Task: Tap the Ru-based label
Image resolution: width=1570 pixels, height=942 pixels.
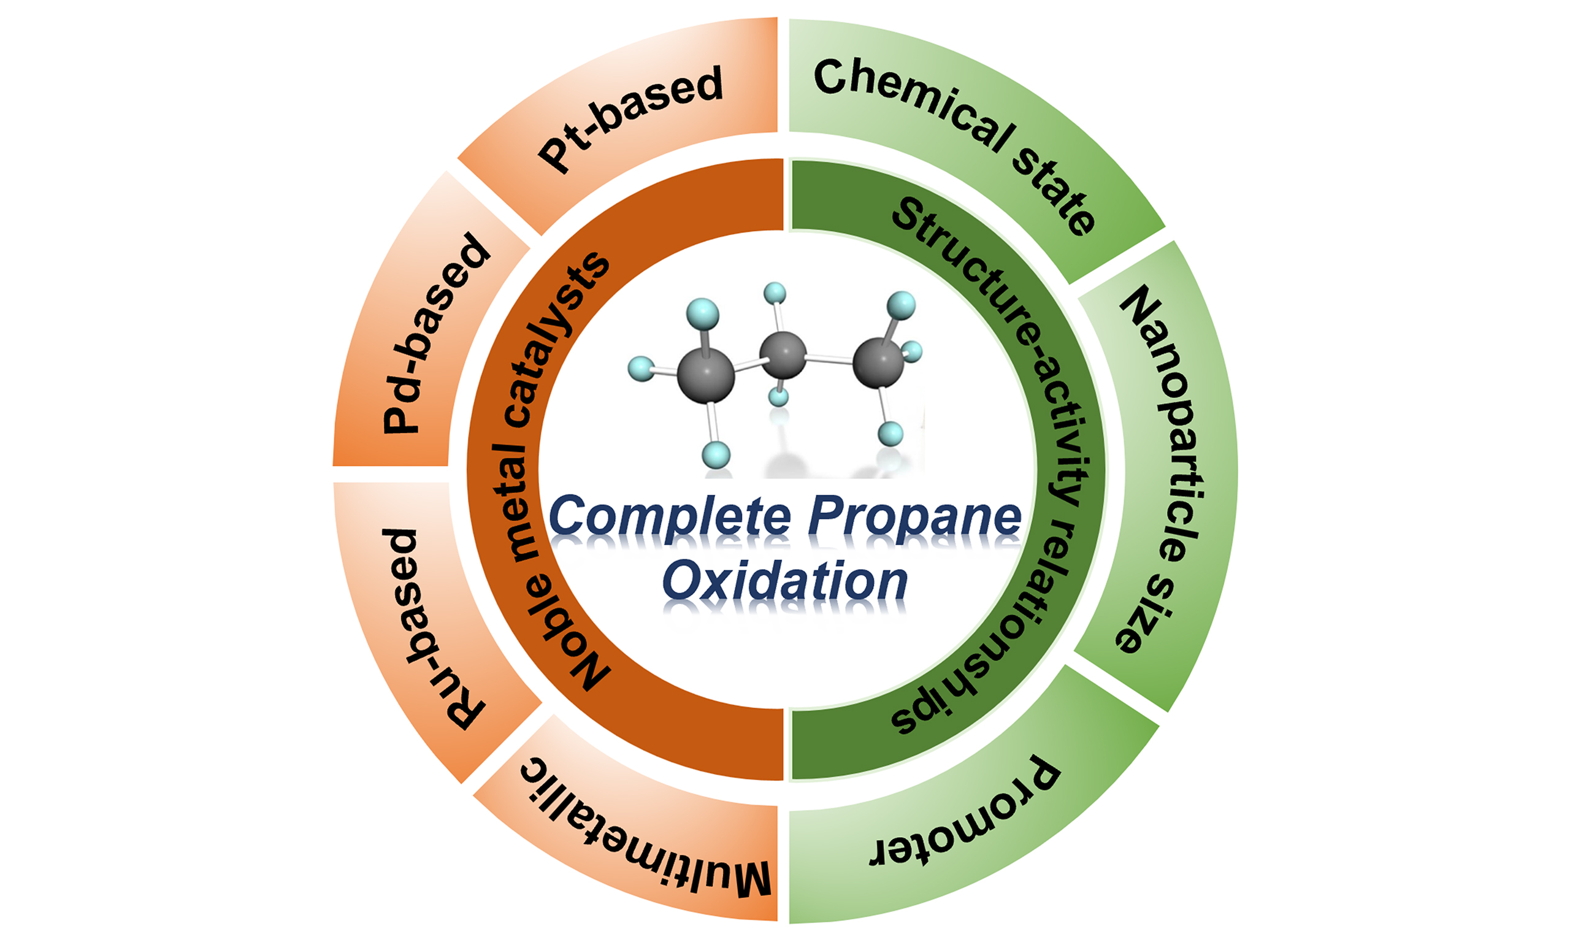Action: tap(432, 629)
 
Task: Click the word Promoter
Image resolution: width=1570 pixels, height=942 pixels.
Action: tap(965, 819)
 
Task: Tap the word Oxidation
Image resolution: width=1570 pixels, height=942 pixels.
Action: tap(785, 581)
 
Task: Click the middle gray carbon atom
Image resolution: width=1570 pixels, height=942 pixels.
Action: tap(783, 355)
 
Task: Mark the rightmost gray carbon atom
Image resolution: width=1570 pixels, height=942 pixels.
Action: tap(878, 362)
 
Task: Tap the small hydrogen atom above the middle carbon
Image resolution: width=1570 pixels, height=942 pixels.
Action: tap(775, 293)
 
